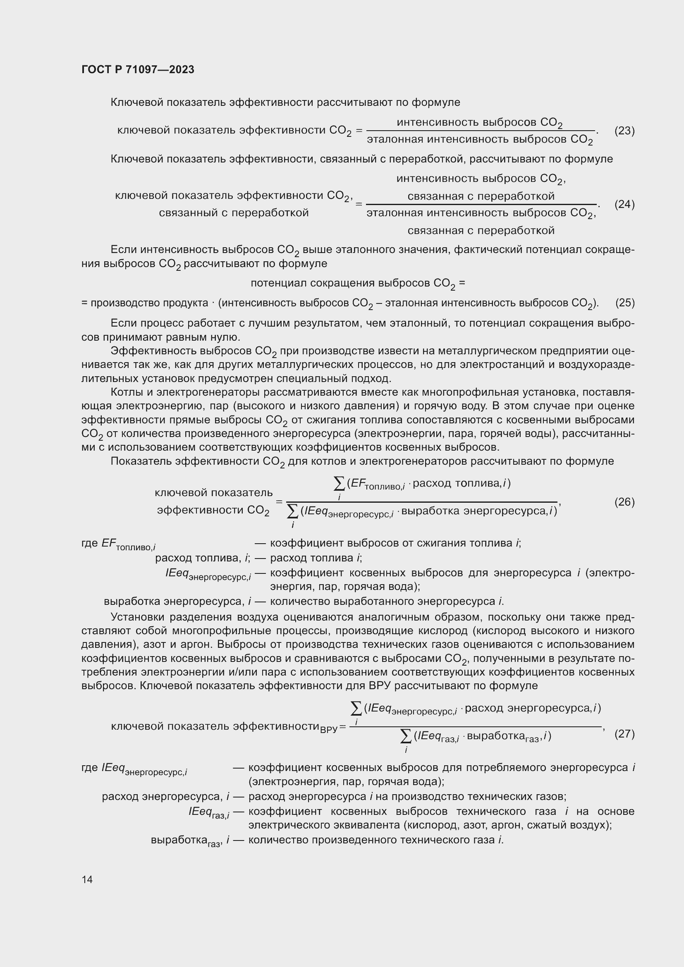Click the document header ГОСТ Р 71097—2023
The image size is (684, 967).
tap(138, 69)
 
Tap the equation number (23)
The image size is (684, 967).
tap(624, 131)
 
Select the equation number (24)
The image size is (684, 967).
tap(624, 204)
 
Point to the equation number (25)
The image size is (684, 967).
tap(624, 303)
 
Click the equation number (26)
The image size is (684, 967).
tap(624, 501)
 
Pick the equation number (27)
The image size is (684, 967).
tap(624, 734)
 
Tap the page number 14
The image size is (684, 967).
tap(87, 879)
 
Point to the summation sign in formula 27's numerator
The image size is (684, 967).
tap(357, 709)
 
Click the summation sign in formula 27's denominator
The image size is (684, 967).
tap(406, 736)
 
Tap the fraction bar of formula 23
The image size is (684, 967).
tap(480, 131)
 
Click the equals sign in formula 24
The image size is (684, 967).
tap(359, 204)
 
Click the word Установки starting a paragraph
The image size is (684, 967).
tap(136, 617)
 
